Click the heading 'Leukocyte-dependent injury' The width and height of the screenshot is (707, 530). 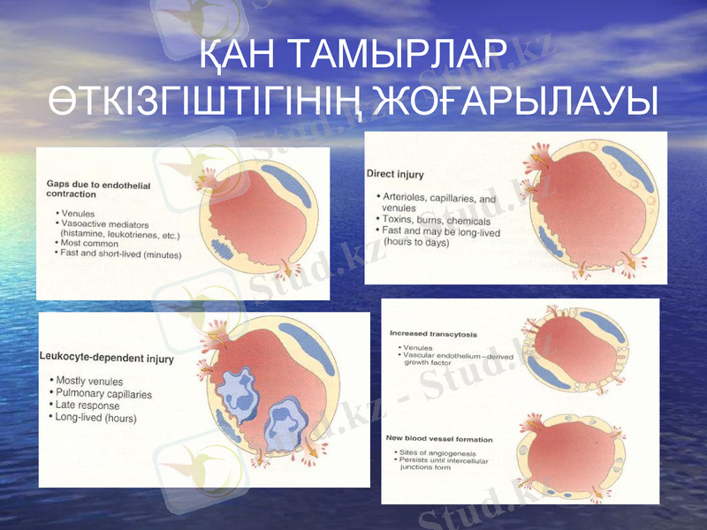coord(107,360)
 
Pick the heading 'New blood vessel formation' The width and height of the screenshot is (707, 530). coord(439,439)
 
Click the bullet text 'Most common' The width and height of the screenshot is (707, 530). coord(88,243)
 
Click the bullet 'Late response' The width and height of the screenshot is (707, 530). coord(87,405)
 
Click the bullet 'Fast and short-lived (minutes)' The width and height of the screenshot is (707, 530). coord(120,254)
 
